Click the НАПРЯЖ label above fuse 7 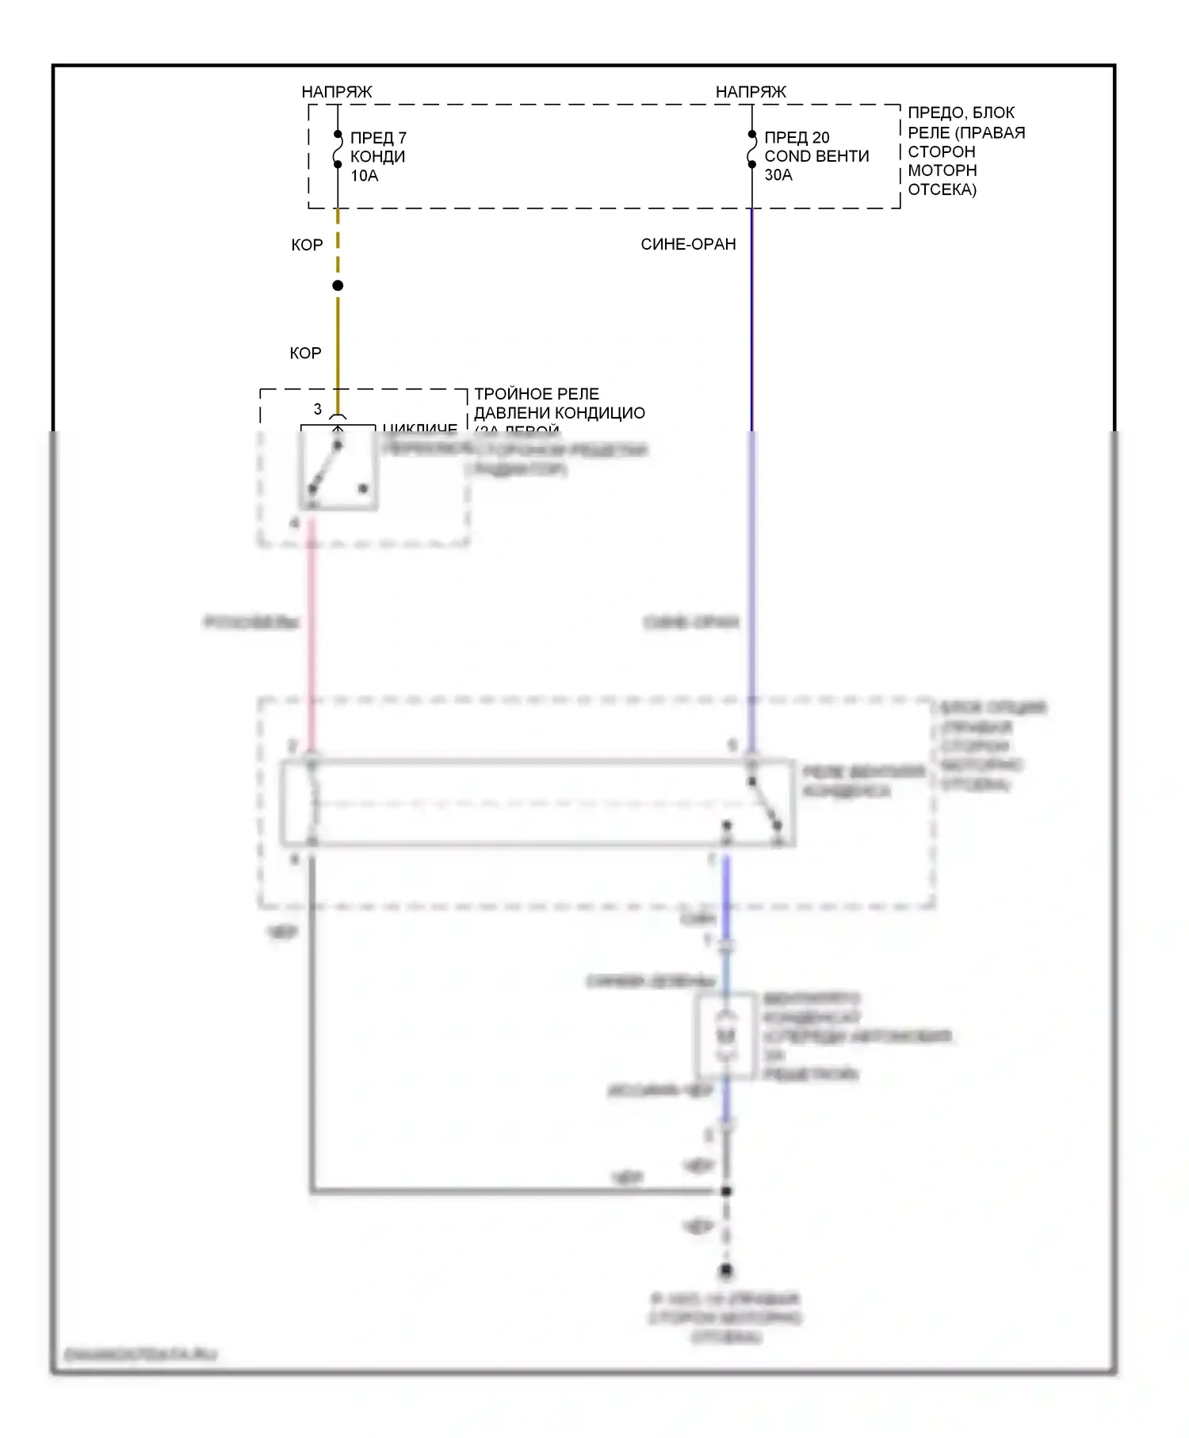pyautogui.click(x=336, y=92)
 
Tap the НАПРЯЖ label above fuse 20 pyautogui.click(x=751, y=92)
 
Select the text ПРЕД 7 pyautogui.click(x=378, y=138)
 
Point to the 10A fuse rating pyautogui.click(x=365, y=176)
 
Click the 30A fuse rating pyautogui.click(x=778, y=175)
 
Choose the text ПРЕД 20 pyautogui.click(x=797, y=137)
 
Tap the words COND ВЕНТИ pyautogui.click(x=816, y=156)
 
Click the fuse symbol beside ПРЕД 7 pyautogui.click(x=338, y=150)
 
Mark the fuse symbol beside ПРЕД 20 pyautogui.click(x=752, y=150)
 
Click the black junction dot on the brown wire pyautogui.click(x=338, y=285)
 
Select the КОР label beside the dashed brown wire pyautogui.click(x=307, y=245)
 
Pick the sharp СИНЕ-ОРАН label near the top pyautogui.click(x=688, y=244)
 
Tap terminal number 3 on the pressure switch pyautogui.click(x=318, y=409)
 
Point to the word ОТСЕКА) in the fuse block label pyautogui.click(x=942, y=189)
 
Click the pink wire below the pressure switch pyautogui.click(x=312, y=634)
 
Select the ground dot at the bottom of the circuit pyautogui.click(x=726, y=1272)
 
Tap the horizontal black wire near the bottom pyautogui.click(x=515, y=1191)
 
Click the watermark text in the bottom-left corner pyautogui.click(x=140, y=1355)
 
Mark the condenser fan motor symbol pyautogui.click(x=726, y=1036)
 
